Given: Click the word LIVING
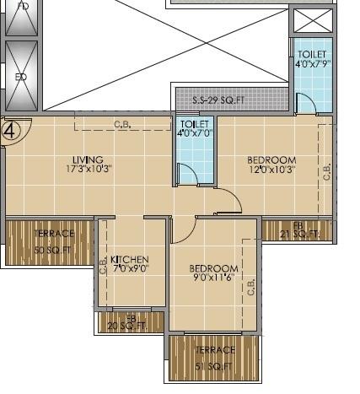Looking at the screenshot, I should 87,159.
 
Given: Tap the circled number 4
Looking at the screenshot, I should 11,131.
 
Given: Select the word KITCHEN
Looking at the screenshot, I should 130,259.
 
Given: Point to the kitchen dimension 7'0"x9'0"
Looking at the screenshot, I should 130,269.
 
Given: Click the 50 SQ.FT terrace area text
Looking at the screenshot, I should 52,251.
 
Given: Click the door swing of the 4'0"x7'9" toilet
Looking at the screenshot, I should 307,104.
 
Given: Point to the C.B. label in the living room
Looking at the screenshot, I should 122,126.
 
